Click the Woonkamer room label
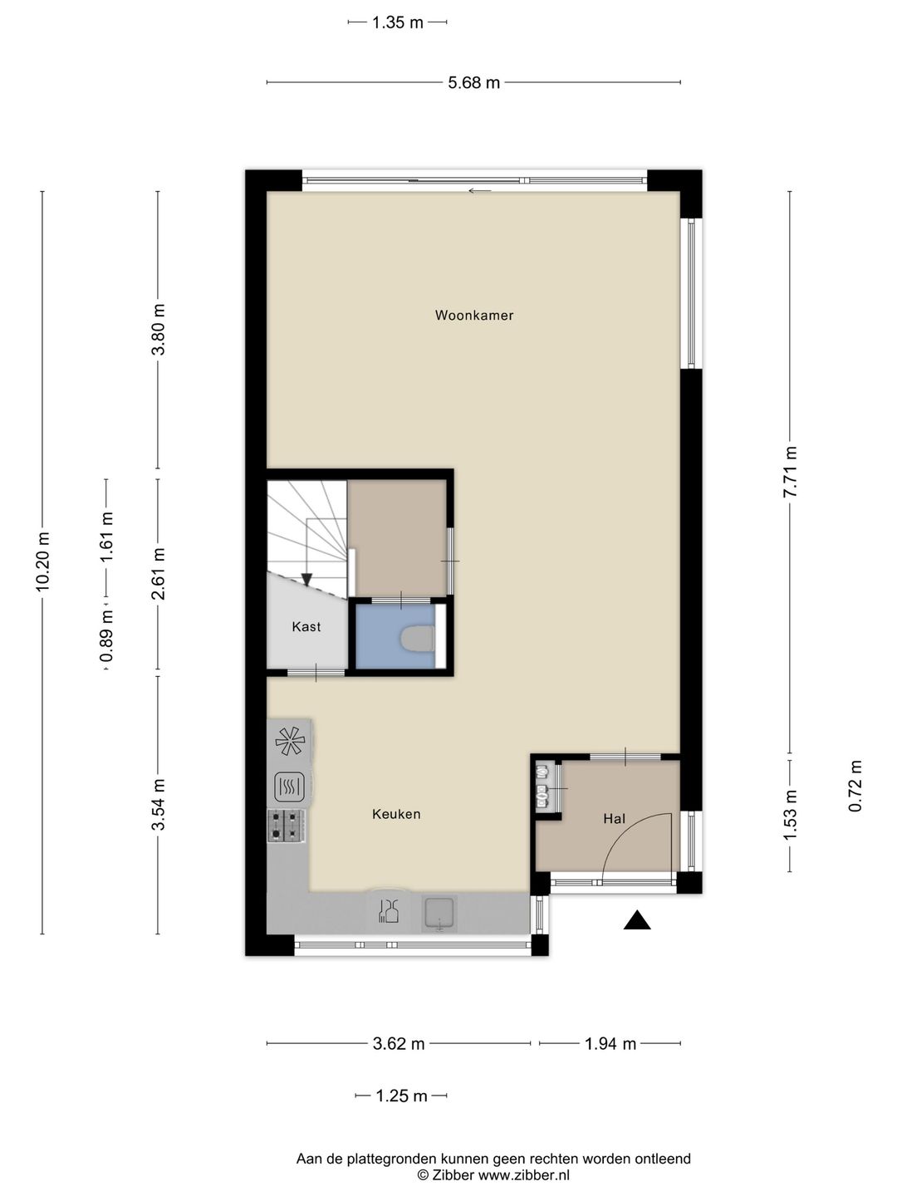pyautogui.click(x=473, y=315)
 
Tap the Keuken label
pyautogui.click(x=396, y=814)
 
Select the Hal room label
pyautogui.click(x=615, y=818)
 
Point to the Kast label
pyautogui.click(x=306, y=626)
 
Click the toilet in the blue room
pyautogui.click(x=418, y=638)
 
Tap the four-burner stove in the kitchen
pyautogui.click(x=287, y=826)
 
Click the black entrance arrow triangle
pyautogui.click(x=637, y=919)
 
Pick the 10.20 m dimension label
pyautogui.click(x=42, y=561)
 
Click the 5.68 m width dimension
pyautogui.click(x=473, y=83)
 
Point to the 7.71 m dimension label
pyautogui.click(x=790, y=472)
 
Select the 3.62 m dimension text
pyautogui.click(x=399, y=1044)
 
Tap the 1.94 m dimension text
pyautogui.click(x=610, y=1044)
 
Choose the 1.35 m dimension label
pyautogui.click(x=398, y=23)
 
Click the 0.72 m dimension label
pyautogui.click(x=855, y=786)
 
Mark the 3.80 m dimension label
pyautogui.click(x=158, y=330)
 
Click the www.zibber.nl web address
pyautogui.click(x=524, y=1175)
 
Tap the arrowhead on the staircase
pyautogui.click(x=306, y=579)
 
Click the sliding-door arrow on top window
pyautogui.click(x=480, y=191)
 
